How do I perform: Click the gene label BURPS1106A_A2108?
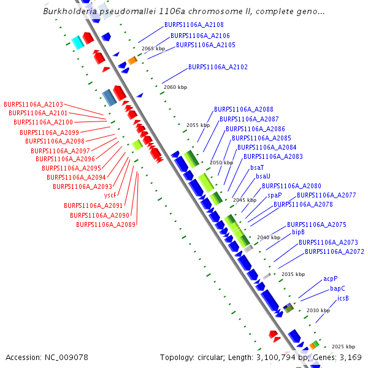click(x=190, y=25)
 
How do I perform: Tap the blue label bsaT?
click(x=257, y=167)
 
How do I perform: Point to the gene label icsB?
click(x=343, y=299)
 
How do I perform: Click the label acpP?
click(x=331, y=278)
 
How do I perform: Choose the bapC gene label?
click(x=337, y=288)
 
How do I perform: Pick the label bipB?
click(x=299, y=232)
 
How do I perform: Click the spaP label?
click(x=275, y=195)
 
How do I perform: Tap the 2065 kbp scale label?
click(x=153, y=48)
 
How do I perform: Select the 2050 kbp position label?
click(x=221, y=163)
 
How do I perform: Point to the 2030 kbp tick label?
click(x=318, y=310)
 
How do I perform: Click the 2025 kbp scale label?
click(x=344, y=347)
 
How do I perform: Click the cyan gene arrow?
click(x=77, y=42)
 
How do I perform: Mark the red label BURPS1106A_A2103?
click(x=33, y=105)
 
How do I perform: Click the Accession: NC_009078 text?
click(x=47, y=357)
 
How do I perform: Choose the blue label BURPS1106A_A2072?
click(x=334, y=251)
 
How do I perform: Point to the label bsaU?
click(x=263, y=176)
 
